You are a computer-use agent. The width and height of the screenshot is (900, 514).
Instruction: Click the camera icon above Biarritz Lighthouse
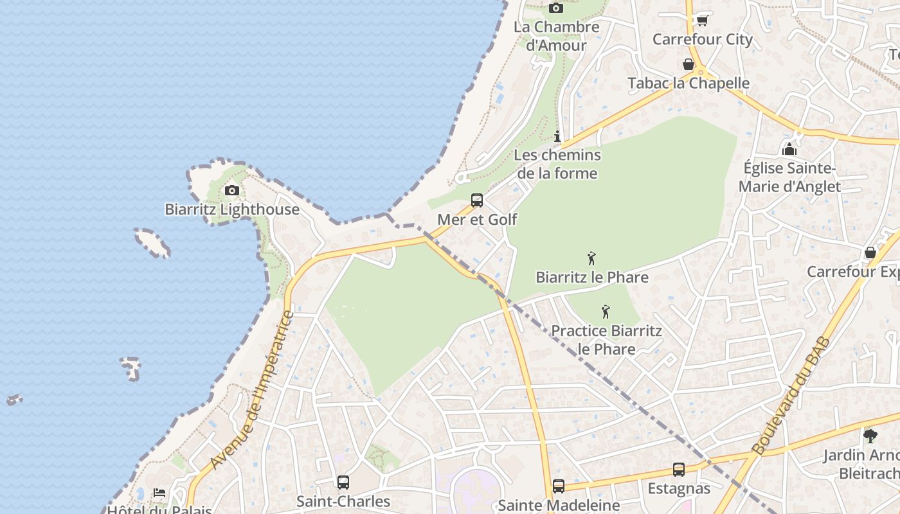point(232,190)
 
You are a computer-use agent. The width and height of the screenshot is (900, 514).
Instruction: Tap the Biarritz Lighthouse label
point(232,209)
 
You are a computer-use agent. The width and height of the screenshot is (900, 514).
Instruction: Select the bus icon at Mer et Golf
point(477,200)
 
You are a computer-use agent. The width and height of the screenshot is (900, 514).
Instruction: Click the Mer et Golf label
point(477,219)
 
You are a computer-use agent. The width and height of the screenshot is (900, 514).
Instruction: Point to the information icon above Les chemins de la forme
point(557,136)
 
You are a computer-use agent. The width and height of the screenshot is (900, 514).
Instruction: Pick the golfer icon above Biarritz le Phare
point(591,258)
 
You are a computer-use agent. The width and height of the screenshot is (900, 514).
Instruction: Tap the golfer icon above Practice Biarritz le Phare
point(606,312)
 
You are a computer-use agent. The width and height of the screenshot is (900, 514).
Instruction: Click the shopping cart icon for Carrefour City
point(702,21)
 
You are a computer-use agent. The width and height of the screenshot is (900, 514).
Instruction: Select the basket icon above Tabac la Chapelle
point(688,64)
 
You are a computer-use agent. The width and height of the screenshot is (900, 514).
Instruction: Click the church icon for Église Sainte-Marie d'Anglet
point(789,149)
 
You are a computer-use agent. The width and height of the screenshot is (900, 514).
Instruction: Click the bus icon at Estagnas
point(679,470)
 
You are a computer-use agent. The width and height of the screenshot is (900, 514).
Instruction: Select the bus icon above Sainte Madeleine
point(559,486)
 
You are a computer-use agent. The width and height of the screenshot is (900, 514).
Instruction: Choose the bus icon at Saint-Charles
point(343,482)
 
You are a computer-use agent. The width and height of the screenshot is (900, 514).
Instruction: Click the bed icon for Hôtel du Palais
point(159,493)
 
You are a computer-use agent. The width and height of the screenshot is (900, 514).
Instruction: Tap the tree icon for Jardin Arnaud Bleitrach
point(870,436)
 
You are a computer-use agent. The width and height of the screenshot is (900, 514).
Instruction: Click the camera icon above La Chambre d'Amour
point(556,8)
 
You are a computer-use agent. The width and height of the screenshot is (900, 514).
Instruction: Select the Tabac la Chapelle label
point(688,83)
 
